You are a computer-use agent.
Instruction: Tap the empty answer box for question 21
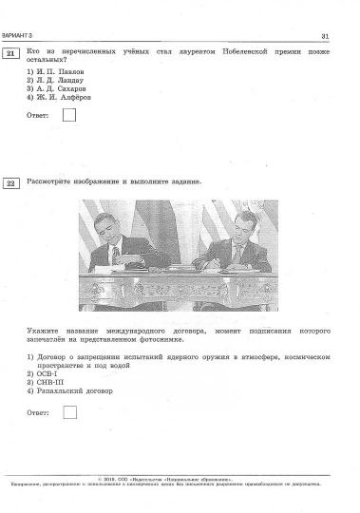(x=68, y=116)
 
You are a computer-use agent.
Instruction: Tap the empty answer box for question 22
(x=68, y=412)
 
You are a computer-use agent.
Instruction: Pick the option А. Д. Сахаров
(x=59, y=88)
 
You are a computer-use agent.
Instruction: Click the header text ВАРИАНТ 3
(x=17, y=36)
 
